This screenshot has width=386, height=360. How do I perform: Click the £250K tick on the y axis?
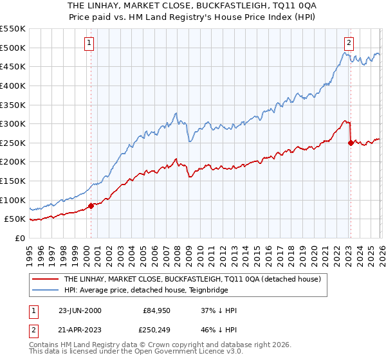(x=13, y=143)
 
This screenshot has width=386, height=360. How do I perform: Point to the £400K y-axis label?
(x=13, y=85)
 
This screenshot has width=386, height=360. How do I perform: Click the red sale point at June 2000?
(x=91, y=206)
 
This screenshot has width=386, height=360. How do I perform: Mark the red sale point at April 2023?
(x=351, y=143)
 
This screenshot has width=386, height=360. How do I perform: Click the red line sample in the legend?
(x=46, y=279)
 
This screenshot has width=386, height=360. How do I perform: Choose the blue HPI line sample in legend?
(x=46, y=290)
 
